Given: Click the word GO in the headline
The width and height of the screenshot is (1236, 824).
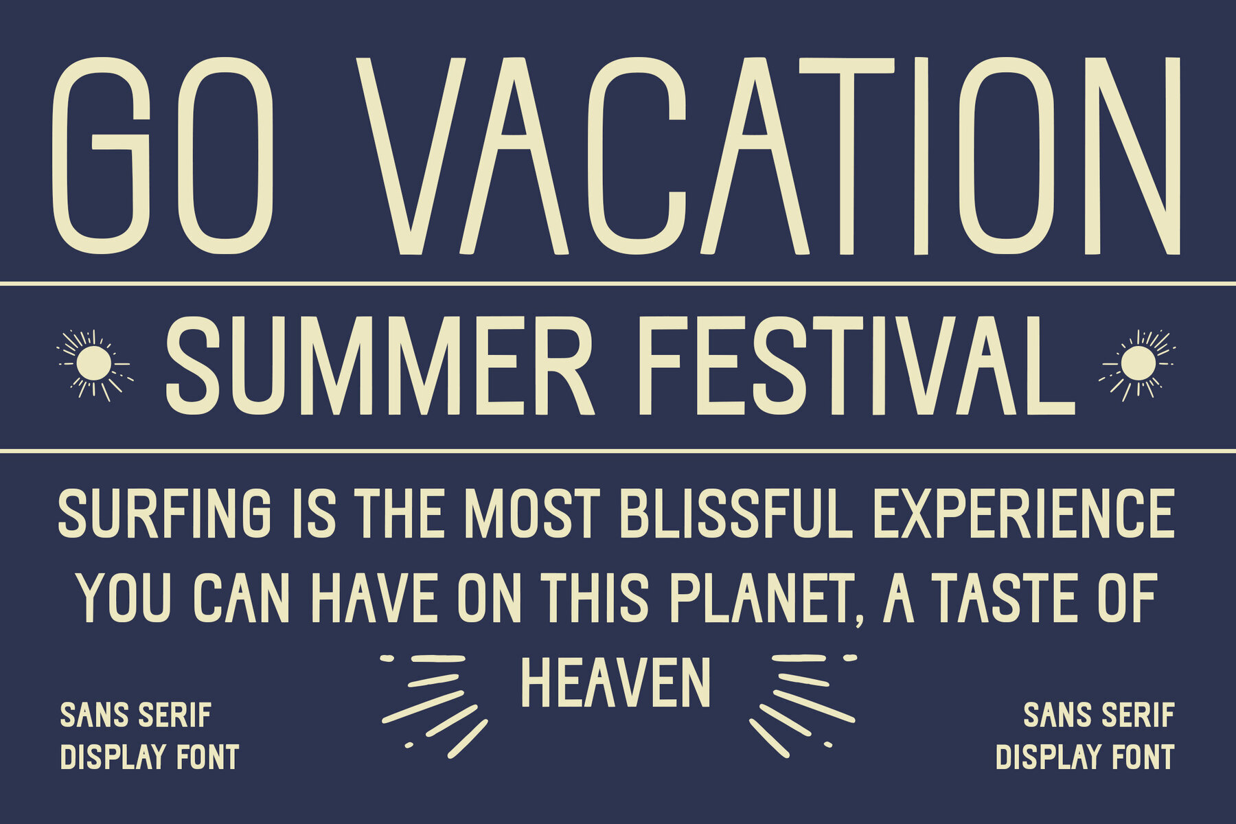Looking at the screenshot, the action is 163,156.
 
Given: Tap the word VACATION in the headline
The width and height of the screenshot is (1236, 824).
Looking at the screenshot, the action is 768,156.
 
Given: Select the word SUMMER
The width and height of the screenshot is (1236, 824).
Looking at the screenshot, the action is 380,365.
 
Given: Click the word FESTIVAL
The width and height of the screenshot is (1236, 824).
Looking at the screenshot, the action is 857,365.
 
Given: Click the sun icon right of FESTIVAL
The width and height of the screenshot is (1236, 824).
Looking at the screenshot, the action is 1138,364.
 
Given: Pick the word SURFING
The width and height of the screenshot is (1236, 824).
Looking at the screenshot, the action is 165,514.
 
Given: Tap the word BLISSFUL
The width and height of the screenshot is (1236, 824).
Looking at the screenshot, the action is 736,514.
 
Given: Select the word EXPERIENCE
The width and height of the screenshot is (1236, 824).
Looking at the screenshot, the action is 1024,514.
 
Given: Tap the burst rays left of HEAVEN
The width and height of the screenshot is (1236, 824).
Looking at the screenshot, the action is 435,705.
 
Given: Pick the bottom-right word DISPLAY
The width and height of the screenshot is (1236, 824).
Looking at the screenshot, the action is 1050,757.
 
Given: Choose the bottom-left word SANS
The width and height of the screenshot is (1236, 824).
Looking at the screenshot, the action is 94,715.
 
